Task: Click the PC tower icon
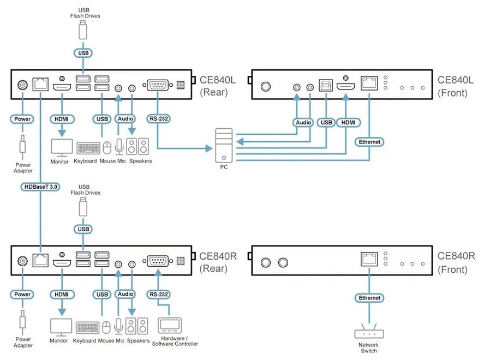(x=224, y=145)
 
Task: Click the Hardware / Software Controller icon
(x=171, y=326)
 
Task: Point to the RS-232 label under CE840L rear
(x=157, y=118)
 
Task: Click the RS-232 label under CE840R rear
(x=157, y=295)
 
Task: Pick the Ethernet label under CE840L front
(x=369, y=142)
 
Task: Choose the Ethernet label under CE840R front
(x=369, y=298)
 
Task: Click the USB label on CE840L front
(x=326, y=123)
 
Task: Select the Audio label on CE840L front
(x=303, y=123)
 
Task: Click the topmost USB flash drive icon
(x=83, y=31)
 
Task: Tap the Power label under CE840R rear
(x=22, y=295)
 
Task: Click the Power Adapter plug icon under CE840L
(x=22, y=147)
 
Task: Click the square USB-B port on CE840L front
(x=326, y=86)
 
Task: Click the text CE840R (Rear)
(x=218, y=262)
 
